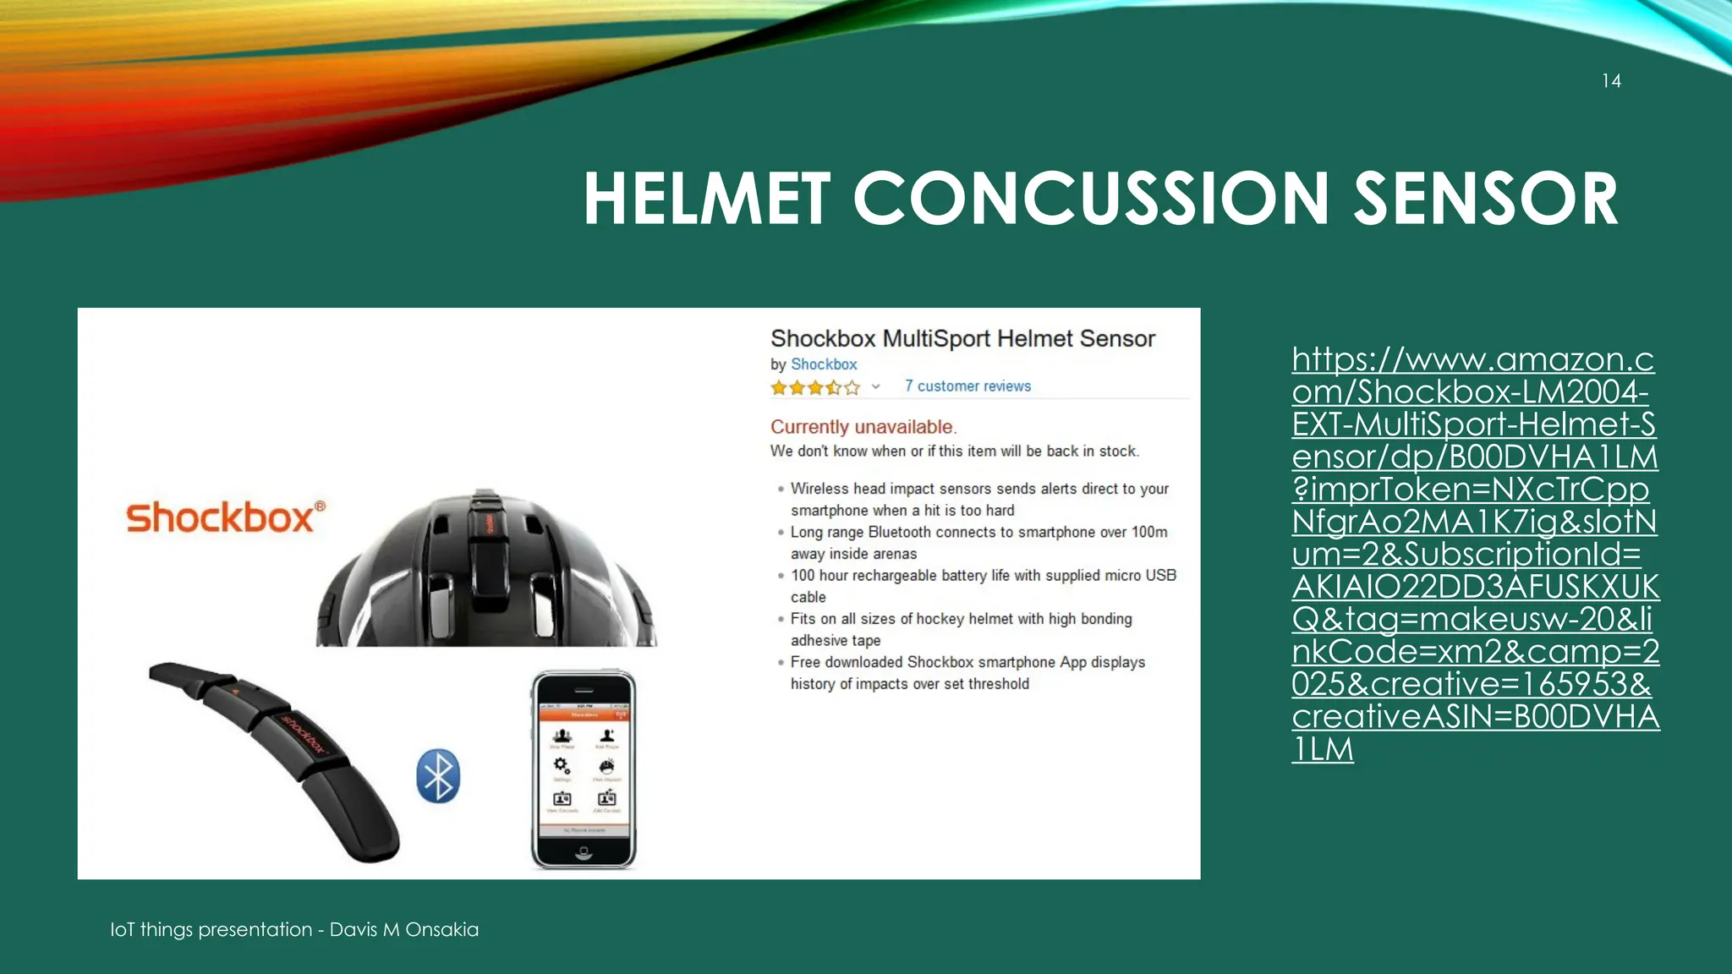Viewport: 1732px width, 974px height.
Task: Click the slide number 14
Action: click(x=1611, y=81)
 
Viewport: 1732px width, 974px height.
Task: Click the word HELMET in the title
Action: click(x=706, y=200)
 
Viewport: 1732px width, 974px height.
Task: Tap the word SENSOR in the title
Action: click(x=1485, y=200)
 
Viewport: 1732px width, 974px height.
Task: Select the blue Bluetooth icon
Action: click(x=438, y=775)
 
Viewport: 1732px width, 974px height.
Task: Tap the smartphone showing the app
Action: click(x=584, y=769)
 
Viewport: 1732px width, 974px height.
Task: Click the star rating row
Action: click(x=815, y=387)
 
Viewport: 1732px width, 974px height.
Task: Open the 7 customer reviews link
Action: click(x=967, y=386)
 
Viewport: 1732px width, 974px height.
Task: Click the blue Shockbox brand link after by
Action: click(x=824, y=364)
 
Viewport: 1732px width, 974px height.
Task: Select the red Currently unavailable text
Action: click(x=862, y=427)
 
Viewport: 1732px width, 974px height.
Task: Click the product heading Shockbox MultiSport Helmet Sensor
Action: click(x=962, y=339)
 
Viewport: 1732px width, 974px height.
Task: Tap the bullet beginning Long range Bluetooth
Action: click(x=978, y=542)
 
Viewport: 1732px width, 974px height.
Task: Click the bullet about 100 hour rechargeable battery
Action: click(x=983, y=585)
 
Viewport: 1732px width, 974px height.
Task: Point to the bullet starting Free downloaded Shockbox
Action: click(x=967, y=672)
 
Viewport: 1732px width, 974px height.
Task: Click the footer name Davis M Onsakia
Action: click(x=403, y=929)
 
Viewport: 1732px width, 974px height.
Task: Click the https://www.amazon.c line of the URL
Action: click(x=1472, y=360)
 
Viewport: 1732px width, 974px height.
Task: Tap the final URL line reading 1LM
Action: click(x=1323, y=749)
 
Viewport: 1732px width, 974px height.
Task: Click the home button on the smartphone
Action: click(x=584, y=853)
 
